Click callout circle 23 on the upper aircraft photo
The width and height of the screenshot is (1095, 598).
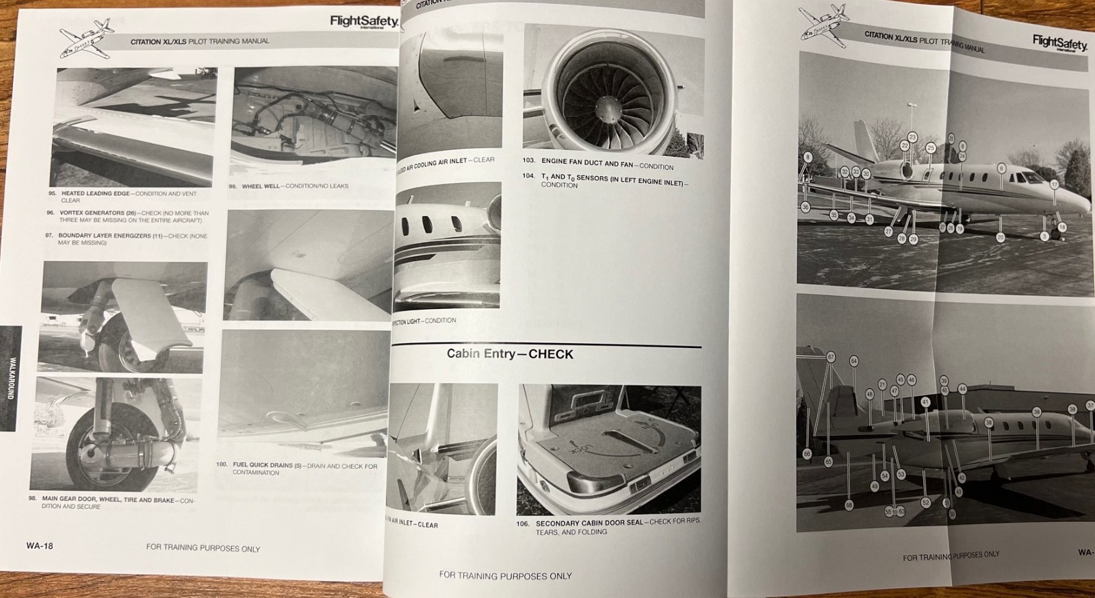(912, 138)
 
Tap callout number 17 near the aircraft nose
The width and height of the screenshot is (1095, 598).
(1054, 184)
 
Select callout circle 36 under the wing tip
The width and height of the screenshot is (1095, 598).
(806, 207)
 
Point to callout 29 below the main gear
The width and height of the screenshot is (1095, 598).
(913, 239)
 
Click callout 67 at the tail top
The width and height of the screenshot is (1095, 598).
(831, 357)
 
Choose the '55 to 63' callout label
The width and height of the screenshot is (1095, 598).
(894, 511)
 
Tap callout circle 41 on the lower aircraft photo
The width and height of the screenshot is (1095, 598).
(925, 402)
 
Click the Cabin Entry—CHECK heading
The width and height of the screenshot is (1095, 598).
(510, 354)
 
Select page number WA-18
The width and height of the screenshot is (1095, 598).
(40, 546)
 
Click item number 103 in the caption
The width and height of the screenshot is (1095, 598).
(528, 160)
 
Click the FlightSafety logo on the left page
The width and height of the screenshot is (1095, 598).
(363, 21)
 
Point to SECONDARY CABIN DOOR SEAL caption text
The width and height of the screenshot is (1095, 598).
(589, 523)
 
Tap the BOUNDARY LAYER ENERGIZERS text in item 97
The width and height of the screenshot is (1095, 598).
(104, 236)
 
